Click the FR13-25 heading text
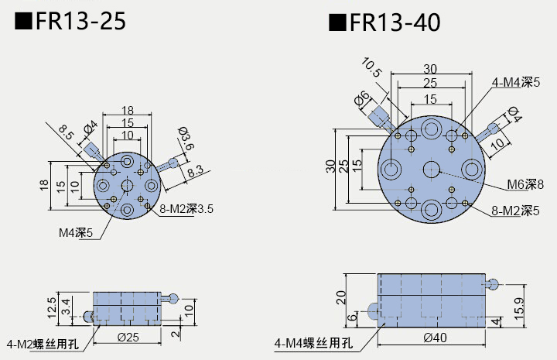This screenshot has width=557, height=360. (x=70, y=22)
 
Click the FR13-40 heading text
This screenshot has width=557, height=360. (x=384, y=22)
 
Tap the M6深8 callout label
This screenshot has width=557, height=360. (x=525, y=183)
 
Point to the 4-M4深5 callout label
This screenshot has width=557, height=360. (x=516, y=81)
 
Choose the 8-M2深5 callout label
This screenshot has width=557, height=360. (x=516, y=210)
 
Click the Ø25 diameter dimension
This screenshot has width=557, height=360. (x=127, y=336)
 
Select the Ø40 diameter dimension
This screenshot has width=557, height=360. (x=436, y=337)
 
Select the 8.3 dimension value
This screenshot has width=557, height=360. (x=196, y=170)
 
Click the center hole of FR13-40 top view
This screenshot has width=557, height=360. (x=431, y=168)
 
